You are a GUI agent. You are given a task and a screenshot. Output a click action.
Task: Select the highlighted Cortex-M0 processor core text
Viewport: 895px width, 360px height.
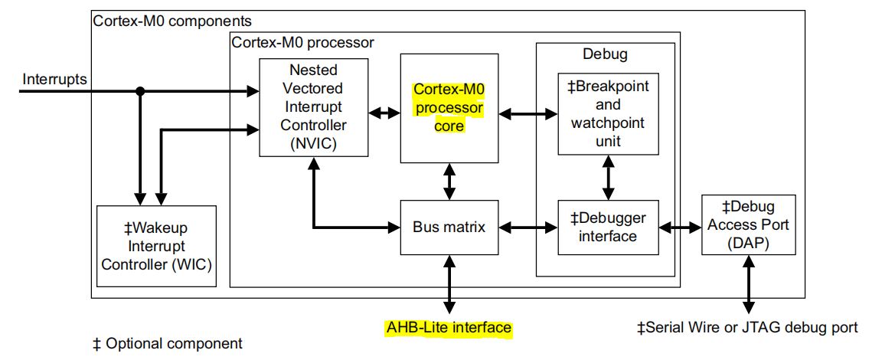tap(449, 107)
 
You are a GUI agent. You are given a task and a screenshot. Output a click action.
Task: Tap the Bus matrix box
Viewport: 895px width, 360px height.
tap(449, 227)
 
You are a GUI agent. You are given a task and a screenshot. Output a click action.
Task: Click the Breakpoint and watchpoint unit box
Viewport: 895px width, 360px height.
tap(606, 114)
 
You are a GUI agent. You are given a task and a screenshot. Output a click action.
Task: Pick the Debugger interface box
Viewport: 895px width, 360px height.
tap(607, 227)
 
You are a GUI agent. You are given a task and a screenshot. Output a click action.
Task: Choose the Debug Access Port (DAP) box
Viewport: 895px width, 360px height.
tap(740, 225)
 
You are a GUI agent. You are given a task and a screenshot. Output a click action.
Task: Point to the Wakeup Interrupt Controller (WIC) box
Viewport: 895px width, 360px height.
tap(156, 247)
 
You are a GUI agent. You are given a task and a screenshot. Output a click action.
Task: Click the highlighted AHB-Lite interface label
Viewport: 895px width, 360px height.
tap(448, 328)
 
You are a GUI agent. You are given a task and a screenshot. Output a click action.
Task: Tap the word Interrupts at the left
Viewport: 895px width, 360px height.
tap(54, 79)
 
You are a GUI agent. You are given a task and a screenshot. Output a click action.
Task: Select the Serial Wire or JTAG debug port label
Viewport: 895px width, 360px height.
tap(747, 328)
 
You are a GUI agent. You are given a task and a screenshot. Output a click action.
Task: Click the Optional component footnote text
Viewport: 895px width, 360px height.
tap(167, 344)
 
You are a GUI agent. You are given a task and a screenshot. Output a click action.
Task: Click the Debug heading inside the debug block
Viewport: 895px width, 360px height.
tap(605, 54)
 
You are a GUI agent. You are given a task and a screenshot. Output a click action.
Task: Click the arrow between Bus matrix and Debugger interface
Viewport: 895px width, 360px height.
tap(528, 227)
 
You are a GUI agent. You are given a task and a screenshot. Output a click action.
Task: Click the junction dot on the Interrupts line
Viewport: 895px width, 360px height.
tap(139, 92)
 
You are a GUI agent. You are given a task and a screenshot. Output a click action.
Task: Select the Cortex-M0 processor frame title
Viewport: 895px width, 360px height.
tap(302, 42)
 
